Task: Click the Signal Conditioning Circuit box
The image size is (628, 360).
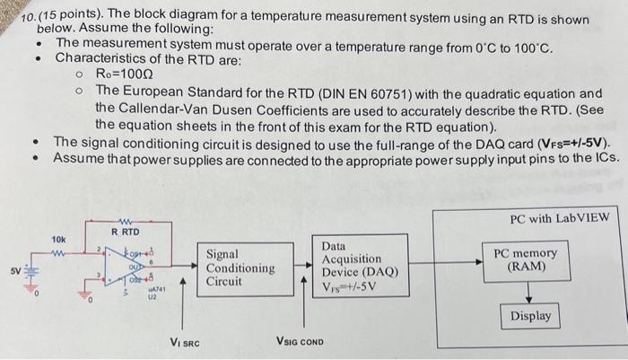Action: (240, 268)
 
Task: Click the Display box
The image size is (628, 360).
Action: (531, 316)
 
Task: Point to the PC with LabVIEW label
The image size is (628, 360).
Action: (559, 218)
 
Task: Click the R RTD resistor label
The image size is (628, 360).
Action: (125, 232)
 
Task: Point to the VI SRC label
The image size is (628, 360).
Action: (185, 341)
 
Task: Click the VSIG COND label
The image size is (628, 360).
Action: (300, 341)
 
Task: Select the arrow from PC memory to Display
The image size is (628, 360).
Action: (531, 290)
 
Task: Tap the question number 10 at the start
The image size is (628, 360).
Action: (27, 19)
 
